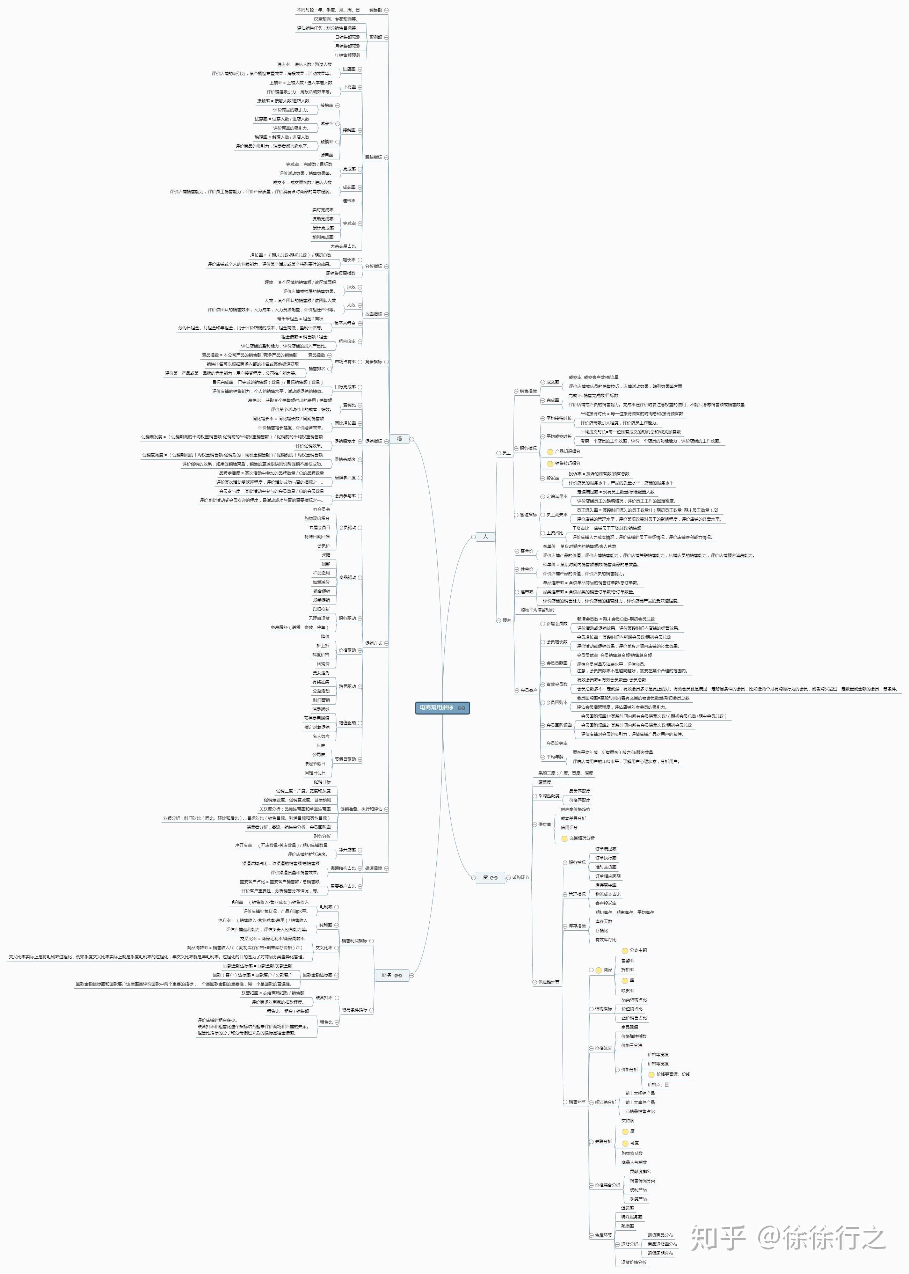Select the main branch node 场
(400, 439)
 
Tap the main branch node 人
(485, 536)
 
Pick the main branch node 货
(485, 877)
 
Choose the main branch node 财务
(387, 975)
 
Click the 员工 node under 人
(506, 453)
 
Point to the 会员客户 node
(528, 690)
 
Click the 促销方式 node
(373, 643)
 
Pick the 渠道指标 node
(373, 868)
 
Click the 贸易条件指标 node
(354, 1010)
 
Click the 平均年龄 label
(555, 757)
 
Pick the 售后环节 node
(603, 1235)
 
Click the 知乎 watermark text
(718, 1238)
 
